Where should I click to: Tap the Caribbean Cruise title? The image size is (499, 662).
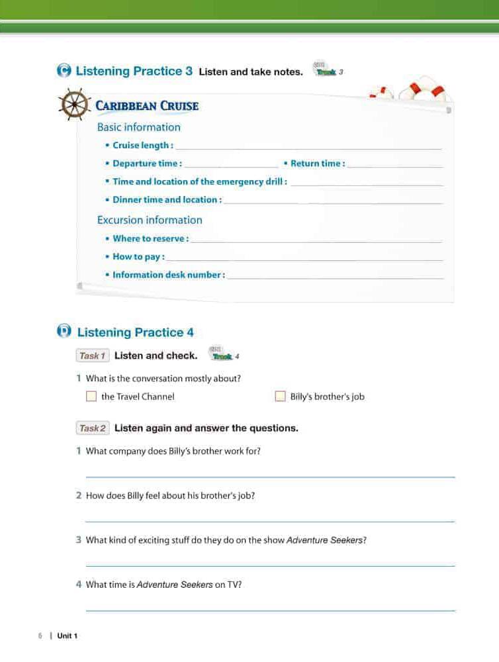[x=147, y=106]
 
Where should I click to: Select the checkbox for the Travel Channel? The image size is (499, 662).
[x=91, y=397]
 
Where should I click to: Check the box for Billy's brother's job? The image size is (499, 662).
[x=279, y=397]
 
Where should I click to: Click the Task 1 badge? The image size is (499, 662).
[x=93, y=356]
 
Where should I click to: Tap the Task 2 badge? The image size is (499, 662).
[x=93, y=428]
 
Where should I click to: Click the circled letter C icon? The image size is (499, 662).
[x=64, y=71]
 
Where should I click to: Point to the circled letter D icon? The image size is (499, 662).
[x=65, y=332]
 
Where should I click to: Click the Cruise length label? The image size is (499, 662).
[x=142, y=146]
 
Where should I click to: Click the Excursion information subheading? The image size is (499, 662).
[x=150, y=220]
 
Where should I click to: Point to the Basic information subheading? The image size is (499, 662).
[x=138, y=127]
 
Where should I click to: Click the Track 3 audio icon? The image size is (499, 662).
[x=327, y=71]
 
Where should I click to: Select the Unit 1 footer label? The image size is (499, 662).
[x=68, y=636]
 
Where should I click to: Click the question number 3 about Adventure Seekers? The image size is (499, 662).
[x=79, y=540]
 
